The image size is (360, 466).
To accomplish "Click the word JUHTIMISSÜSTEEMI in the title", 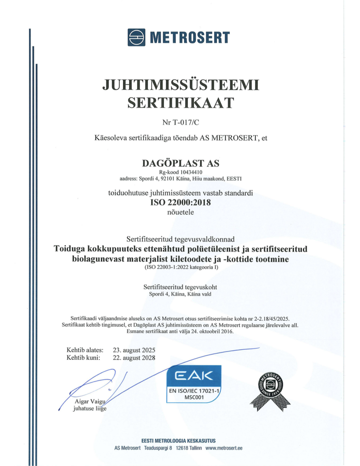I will point(180,85).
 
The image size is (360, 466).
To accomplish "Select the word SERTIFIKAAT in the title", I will point(180,103).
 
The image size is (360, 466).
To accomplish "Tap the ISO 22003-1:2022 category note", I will point(180,268).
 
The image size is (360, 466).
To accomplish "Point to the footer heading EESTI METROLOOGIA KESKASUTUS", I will point(178,440).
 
